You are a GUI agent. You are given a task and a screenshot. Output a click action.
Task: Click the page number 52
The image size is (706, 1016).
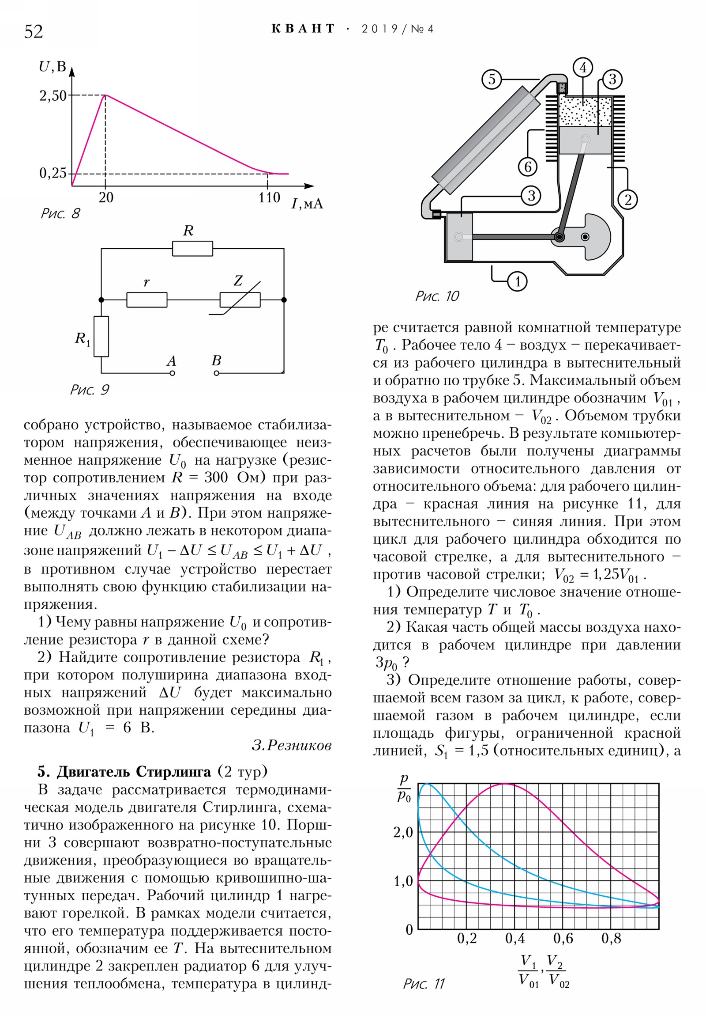point(34,32)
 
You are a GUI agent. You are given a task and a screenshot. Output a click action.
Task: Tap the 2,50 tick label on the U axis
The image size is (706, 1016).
point(53,95)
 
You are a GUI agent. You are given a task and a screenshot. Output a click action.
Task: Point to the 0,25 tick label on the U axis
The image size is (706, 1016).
point(53,173)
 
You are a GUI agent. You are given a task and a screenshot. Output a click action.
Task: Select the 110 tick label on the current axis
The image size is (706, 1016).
point(269,197)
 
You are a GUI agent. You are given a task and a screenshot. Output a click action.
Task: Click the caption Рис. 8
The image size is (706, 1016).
point(60,214)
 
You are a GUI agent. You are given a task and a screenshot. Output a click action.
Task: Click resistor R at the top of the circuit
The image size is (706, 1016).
point(192,249)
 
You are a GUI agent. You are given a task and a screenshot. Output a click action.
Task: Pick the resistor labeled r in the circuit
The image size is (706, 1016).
point(147,299)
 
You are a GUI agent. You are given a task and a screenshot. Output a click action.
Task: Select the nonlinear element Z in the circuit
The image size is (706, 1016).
point(240,299)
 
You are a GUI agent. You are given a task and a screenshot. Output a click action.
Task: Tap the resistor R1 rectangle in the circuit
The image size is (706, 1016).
point(101,336)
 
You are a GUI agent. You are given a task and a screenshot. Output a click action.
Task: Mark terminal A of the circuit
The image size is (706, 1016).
point(173,373)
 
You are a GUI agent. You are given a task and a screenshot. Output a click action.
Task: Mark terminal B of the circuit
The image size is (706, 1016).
point(216,373)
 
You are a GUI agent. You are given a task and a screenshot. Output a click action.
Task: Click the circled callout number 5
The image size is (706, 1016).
point(492,80)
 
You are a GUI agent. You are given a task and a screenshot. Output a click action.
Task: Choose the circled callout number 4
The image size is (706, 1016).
point(583,68)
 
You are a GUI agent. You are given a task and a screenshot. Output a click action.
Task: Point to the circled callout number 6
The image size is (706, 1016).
point(528,167)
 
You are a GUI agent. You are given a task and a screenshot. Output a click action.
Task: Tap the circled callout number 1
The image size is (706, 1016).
point(517,281)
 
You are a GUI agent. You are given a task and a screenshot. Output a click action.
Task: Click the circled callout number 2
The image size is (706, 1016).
point(628,200)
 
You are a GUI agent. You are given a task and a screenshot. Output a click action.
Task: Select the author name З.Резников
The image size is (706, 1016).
point(291,745)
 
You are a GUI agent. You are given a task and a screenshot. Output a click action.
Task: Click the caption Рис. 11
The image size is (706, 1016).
point(424,983)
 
